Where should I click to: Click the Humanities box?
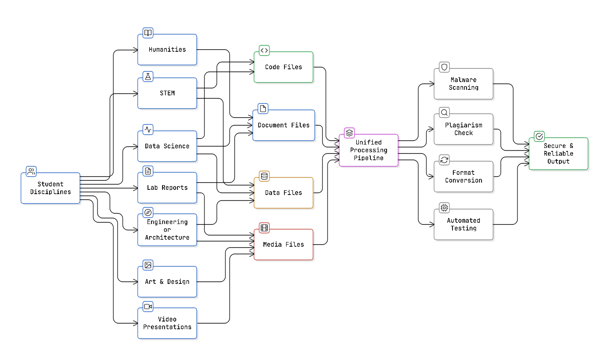[x=167, y=50]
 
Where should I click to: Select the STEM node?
[x=167, y=93]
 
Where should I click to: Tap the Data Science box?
[x=167, y=146]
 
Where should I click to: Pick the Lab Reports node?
[x=167, y=188]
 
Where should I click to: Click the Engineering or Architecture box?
[x=167, y=230]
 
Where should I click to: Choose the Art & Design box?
[x=167, y=282]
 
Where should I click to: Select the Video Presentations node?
[x=167, y=323]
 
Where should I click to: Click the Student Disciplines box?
[x=50, y=188]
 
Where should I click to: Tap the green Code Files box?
[x=284, y=67]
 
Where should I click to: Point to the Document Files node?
[x=284, y=125]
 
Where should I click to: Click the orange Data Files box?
[x=284, y=193]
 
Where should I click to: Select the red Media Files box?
[x=284, y=245]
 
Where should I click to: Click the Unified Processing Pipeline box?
[x=369, y=150]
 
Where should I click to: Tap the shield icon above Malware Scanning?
[x=444, y=67]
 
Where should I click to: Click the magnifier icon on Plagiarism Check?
[x=444, y=112]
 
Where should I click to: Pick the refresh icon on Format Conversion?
[x=444, y=160]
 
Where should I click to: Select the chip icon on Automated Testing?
[x=444, y=208]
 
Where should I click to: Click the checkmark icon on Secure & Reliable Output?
[x=539, y=136]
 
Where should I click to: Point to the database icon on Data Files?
[x=264, y=176]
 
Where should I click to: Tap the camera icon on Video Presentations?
[x=148, y=307]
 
